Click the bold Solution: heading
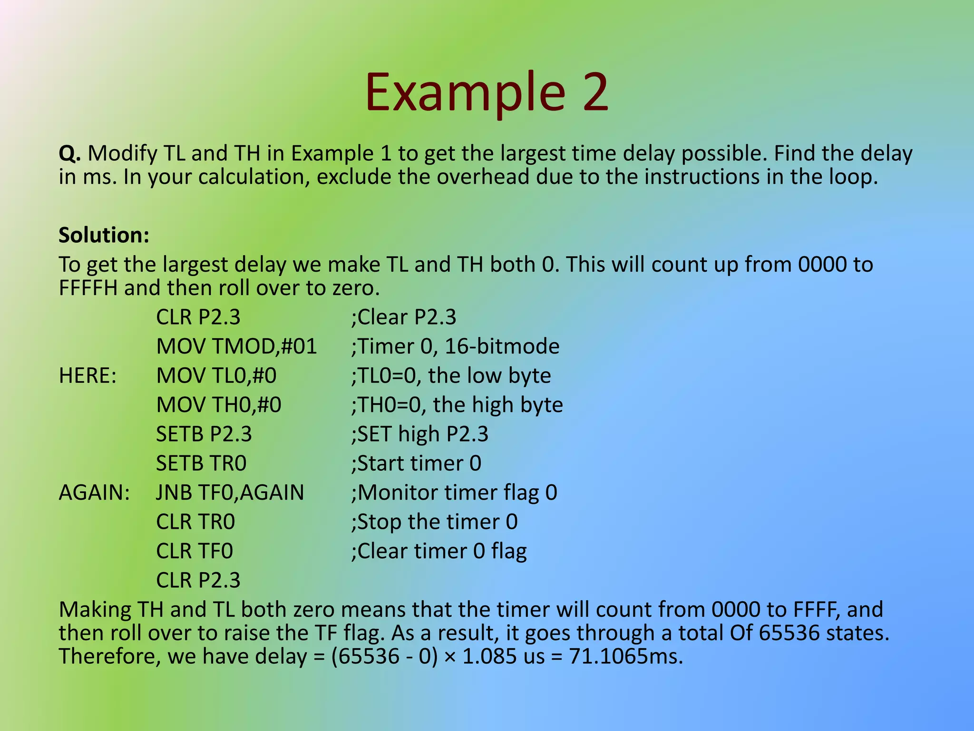pos(104,235)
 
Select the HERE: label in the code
pos(88,376)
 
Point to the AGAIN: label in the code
pos(94,493)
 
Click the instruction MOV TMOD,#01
pos(236,346)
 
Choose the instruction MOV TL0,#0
pos(216,376)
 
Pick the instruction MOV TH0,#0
pos(219,405)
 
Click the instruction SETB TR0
pos(201,464)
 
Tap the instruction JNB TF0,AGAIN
pos(230,493)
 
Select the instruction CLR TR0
pos(195,522)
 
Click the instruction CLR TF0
pos(195,551)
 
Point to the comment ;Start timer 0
pos(416,464)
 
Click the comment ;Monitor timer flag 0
pos(454,493)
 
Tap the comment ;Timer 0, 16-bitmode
pos(455,346)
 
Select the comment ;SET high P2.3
pos(419,434)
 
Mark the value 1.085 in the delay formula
pos(489,656)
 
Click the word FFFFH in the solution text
pos(88,288)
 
